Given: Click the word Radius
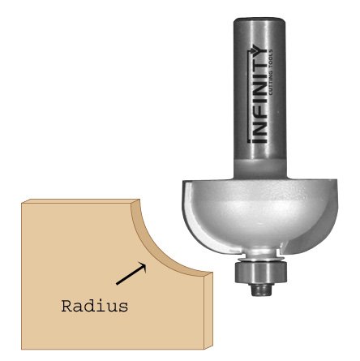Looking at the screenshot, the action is [x=95, y=306].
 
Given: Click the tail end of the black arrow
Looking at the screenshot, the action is [x=117, y=284].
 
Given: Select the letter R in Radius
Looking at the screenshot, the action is [x=66, y=306].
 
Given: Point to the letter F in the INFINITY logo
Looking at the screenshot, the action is [x=258, y=117].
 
